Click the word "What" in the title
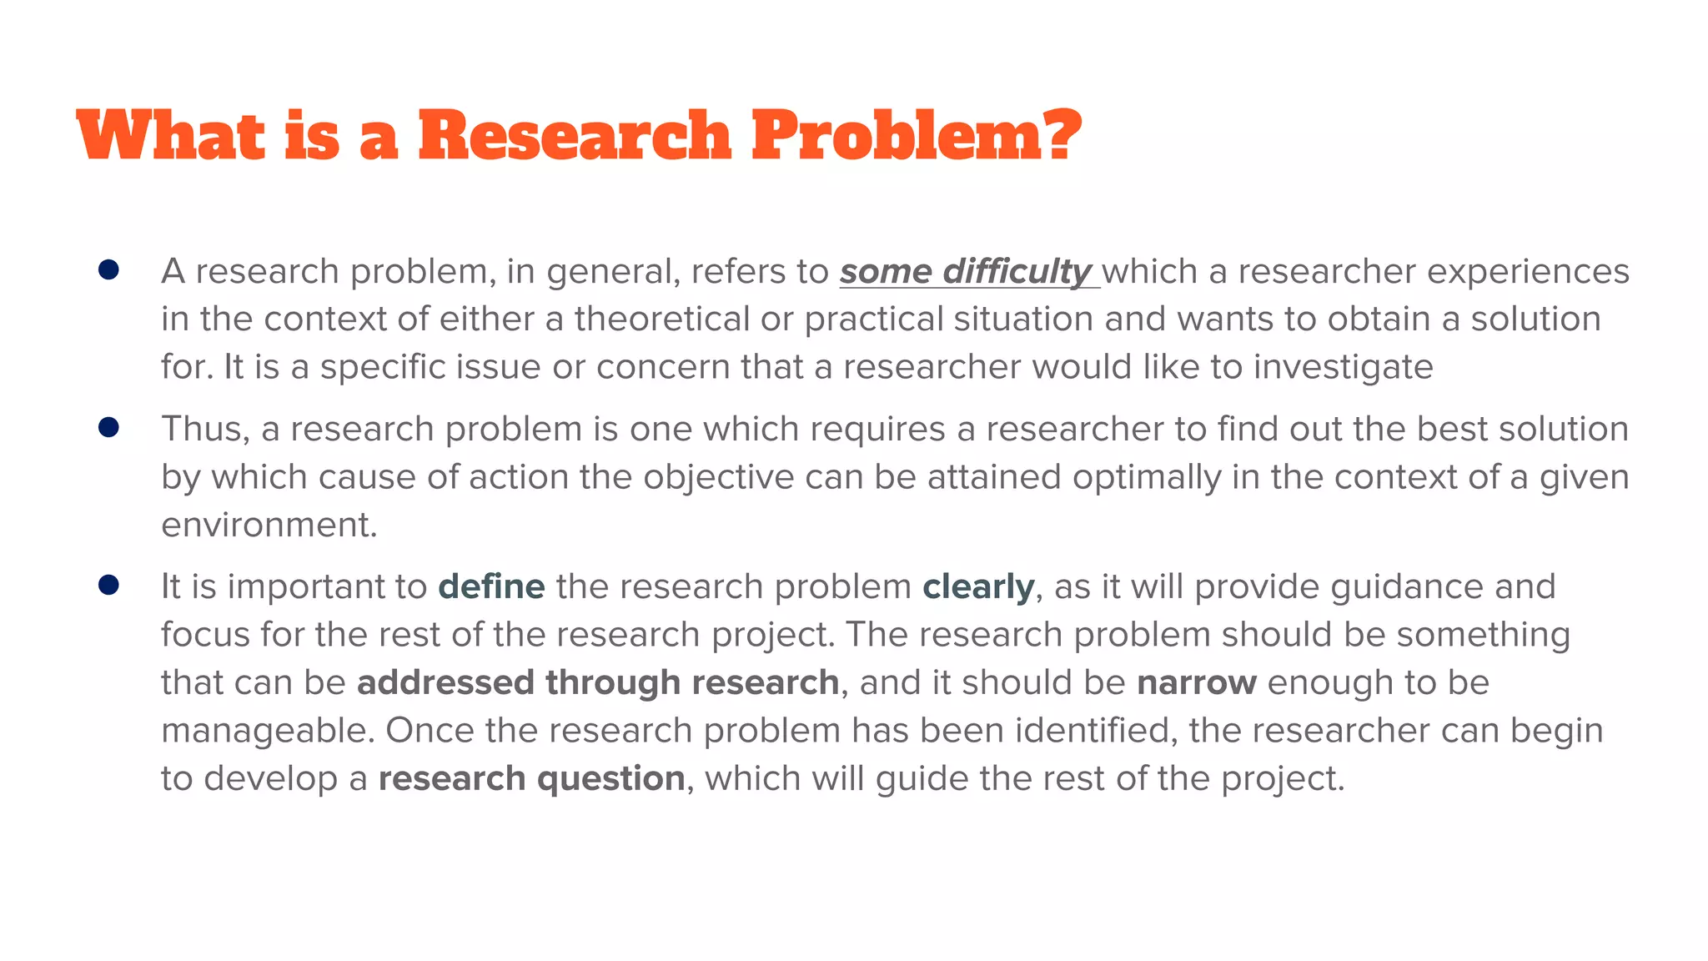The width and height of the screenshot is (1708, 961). [x=170, y=135]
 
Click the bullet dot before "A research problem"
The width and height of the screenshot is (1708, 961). [x=108, y=269]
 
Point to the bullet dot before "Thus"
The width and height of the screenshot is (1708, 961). [x=108, y=427]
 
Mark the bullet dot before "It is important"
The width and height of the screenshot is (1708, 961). [x=108, y=585]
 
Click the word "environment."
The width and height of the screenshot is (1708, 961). [x=269, y=525]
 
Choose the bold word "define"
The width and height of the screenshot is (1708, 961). [x=491, y=586]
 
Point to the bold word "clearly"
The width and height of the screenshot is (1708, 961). [x=978, y=587]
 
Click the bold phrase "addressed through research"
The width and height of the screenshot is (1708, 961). [x=597, y=682]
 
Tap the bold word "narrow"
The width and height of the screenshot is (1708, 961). [x=1196, y=682]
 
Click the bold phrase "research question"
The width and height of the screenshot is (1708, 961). [x=531, y=779]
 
